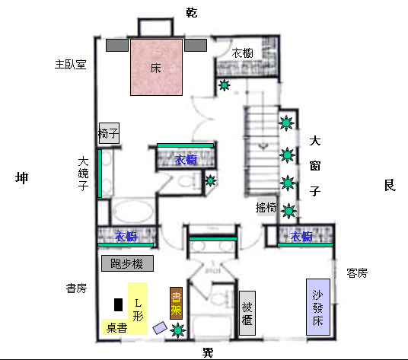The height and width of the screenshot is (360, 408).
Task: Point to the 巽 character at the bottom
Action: [x=207, y=352]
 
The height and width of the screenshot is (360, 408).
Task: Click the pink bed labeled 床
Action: [x=157, y=68]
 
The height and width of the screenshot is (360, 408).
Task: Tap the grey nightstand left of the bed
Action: [x=117, y=46]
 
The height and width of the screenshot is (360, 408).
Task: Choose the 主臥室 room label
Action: [x=70, y=64]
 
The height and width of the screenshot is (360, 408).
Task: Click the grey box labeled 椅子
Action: [x=109, y=134]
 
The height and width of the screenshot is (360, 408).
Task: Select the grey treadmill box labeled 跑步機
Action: [x=127, y=264]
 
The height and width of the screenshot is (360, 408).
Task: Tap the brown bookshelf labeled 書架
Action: [x=176, y=303]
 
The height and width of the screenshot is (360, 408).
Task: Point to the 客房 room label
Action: [x=357, y=272]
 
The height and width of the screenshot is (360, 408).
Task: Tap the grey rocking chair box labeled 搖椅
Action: [x=266, y=207]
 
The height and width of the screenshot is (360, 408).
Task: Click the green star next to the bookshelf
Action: [x=178, y=330]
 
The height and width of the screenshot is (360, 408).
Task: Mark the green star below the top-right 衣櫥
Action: [x=224, y=85]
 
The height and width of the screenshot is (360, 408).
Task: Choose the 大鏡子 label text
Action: [x=84, y=176]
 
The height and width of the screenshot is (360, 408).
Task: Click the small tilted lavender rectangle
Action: [x=161, y=327]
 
